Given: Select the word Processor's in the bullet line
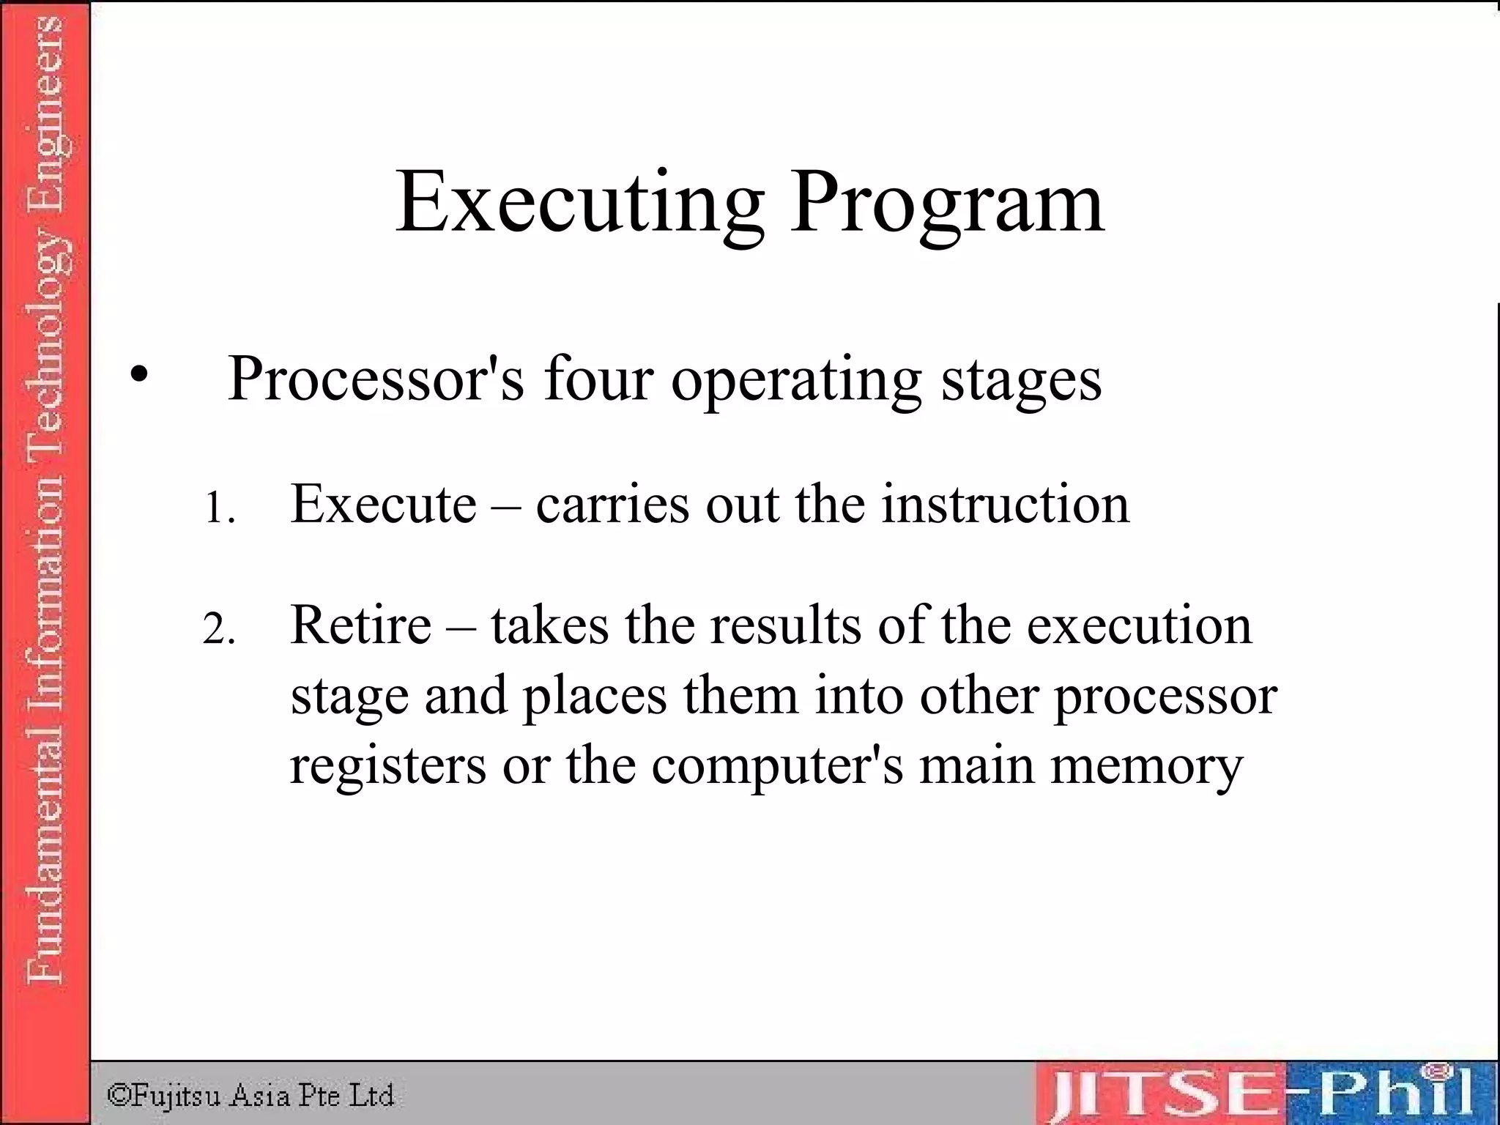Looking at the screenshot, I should coord(376,379).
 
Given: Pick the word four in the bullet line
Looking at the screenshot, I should coord(598,379).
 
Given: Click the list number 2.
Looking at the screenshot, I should coord(218,629).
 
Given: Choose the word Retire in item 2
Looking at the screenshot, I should coord(361,625).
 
